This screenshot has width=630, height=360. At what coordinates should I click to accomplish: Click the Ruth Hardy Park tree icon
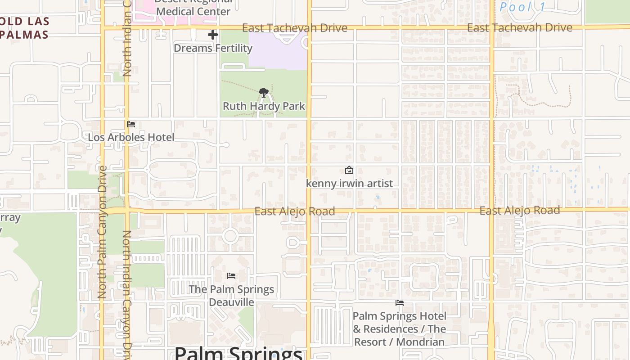(264, 93)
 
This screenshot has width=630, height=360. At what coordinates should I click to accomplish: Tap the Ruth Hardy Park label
(264, 106)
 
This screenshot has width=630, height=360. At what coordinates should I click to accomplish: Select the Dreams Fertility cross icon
(213, 35)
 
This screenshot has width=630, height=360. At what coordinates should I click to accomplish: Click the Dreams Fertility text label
(213, 48)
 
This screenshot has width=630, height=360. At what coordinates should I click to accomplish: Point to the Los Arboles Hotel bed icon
(131, 124)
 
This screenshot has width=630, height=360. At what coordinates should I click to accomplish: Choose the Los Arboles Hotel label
(131, 137)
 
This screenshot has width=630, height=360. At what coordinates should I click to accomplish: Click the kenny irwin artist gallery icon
(349, 170)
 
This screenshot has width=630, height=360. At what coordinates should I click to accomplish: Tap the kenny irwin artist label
(349, 183)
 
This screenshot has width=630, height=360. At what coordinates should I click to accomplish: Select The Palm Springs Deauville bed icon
(231, 275)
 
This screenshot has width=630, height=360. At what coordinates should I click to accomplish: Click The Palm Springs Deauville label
(231, 295)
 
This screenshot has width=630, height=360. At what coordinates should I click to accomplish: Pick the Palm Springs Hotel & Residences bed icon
(399, 303)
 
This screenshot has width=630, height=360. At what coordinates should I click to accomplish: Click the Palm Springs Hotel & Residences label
(399, 329)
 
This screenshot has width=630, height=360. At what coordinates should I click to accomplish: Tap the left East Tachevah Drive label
(294, 28)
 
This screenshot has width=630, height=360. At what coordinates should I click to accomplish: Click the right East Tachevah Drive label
(519, 28)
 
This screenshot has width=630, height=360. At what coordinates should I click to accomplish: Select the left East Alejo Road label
(294, 211)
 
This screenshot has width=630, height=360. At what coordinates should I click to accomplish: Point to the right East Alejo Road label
(519, 210)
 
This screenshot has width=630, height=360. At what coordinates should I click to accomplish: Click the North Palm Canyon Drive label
(102, 232)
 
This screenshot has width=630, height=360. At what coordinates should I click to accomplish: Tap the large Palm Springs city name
(238, 353)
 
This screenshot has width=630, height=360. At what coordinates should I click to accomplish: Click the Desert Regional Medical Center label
(193, 9)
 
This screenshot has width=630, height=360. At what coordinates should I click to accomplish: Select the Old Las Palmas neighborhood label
(25, 28)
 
